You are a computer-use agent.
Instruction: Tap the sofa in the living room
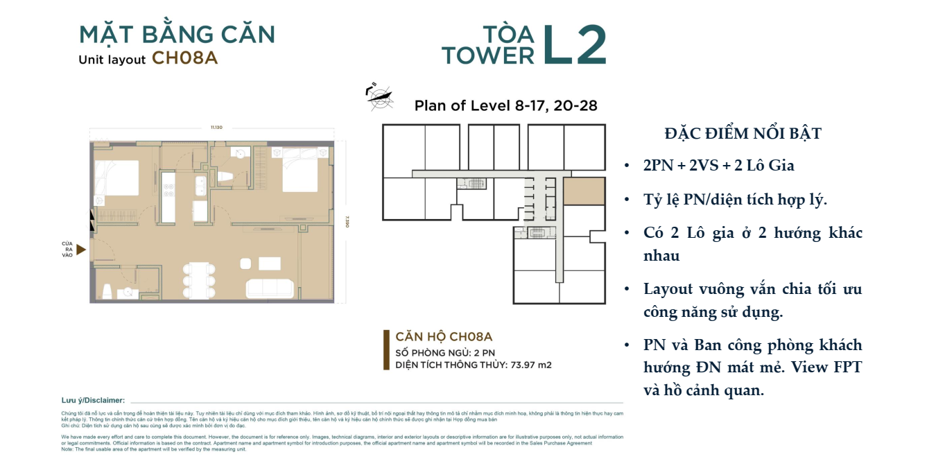(269, 288)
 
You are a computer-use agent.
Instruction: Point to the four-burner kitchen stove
(168, 188)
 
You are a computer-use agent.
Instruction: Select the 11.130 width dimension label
(211, 128)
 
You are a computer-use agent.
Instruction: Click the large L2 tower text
(574, 45)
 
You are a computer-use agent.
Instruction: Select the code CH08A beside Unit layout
(184, 58)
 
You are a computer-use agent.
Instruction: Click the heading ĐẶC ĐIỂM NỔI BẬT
(743, 134)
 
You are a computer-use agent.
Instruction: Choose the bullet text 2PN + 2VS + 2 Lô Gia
(719, 166)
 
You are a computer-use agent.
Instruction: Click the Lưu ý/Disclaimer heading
(93, 400)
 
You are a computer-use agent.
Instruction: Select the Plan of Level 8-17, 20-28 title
(505, 106)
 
